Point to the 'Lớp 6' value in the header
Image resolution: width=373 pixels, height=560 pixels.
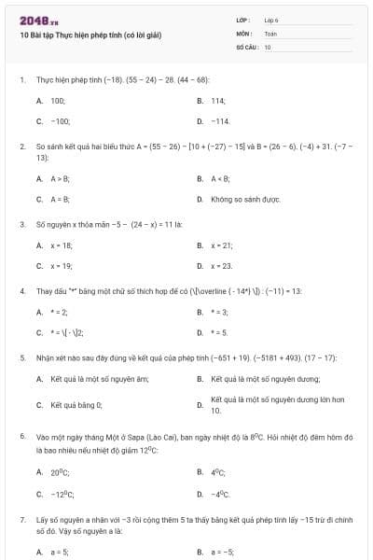pyautogui.click(x=271, y=20)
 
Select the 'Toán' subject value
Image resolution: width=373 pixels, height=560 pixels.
pyautogui.click(x=270, y=33)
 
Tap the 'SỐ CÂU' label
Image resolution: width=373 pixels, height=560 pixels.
pyautogui.click(x=245, y=46)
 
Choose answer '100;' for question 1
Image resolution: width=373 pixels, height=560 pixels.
pyautogui.click(x=58, y=100)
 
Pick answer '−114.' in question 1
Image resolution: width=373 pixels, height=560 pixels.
pyautogui.click(x=220, y=121)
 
